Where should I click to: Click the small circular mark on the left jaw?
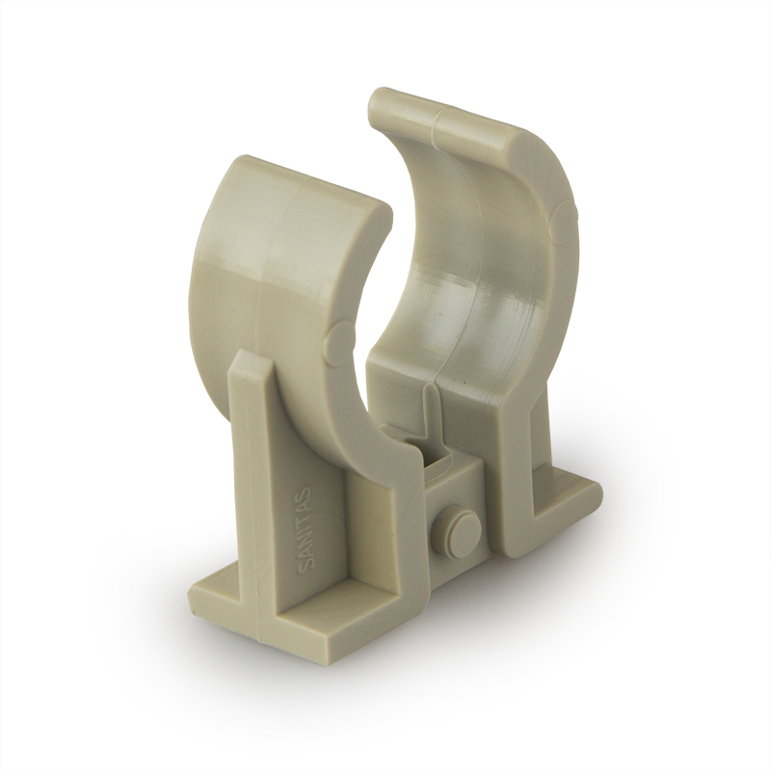(340, 338)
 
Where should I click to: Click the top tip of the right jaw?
(379, 93)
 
